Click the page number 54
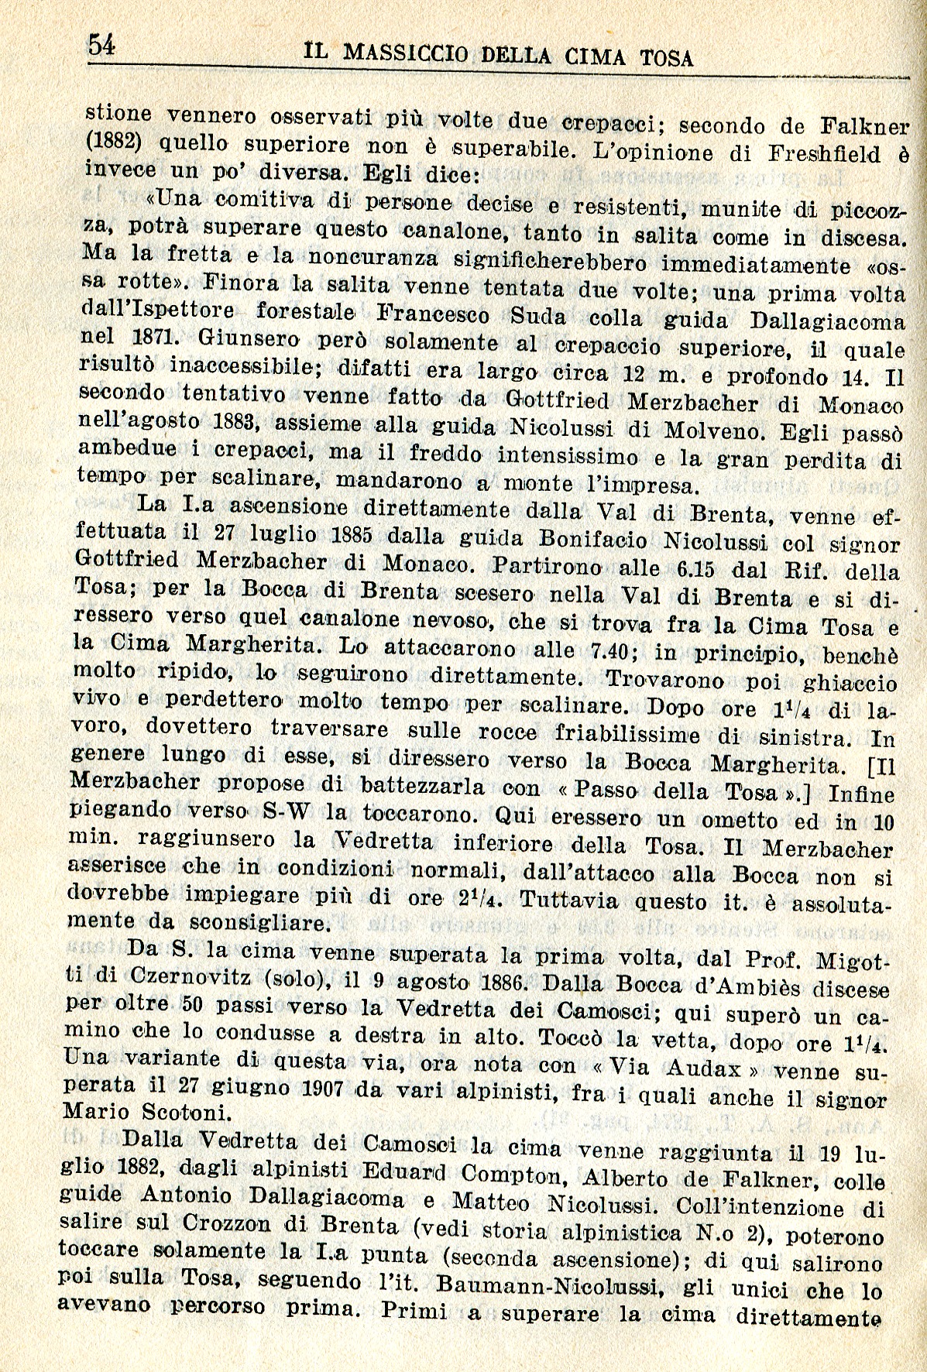[101, 44]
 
